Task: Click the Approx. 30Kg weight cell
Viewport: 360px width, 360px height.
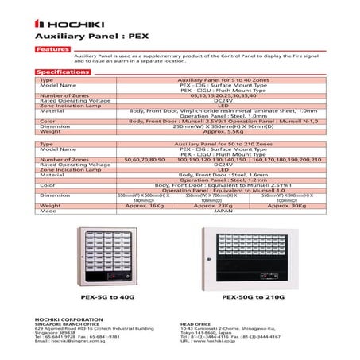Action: pos(287,206)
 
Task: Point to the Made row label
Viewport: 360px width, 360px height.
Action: pos(48,211)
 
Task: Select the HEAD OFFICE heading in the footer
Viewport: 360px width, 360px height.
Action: pos(196,323)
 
